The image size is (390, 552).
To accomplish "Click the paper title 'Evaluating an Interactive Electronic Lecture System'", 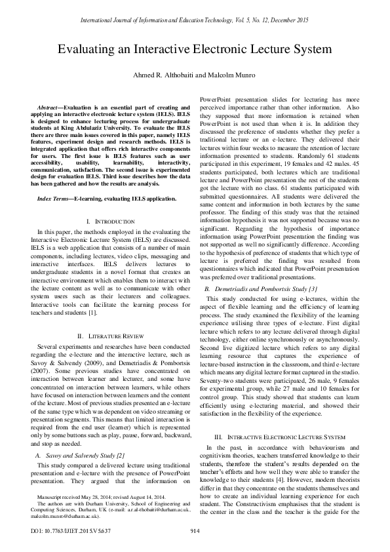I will point(195,50).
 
